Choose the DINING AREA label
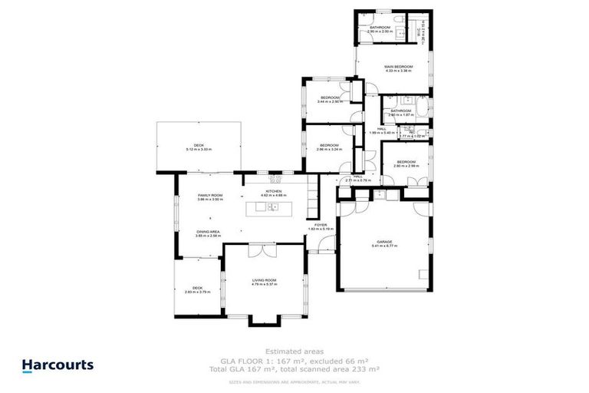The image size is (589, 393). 208,233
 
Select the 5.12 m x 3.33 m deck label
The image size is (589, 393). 199,147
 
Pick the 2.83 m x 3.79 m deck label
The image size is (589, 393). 197,289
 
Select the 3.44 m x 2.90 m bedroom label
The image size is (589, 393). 330,99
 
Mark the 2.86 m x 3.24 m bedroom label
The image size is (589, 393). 330,146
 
